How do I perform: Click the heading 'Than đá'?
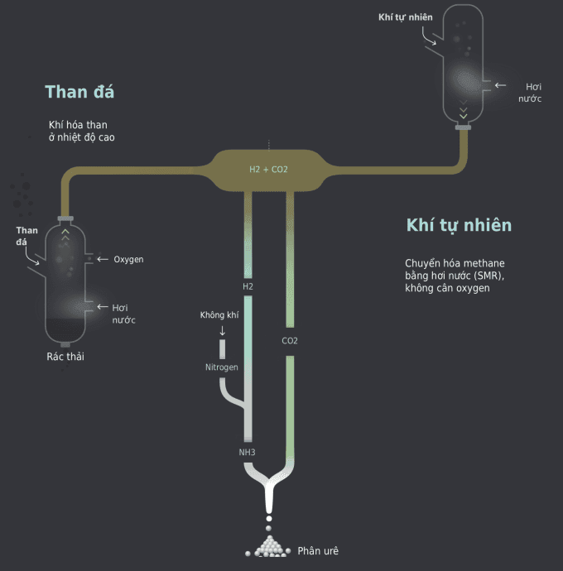pos(79,92)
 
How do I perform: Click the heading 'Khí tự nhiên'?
pos(459,225)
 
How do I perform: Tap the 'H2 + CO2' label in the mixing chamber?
pos(268,170)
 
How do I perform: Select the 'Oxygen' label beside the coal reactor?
pos(128,260)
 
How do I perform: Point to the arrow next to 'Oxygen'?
pos(103,259)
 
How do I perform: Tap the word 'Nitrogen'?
pos(222,367)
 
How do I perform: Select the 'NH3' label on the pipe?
pos(248,452)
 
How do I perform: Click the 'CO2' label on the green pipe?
pos(290,340)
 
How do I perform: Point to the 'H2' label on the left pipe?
pos(248,286)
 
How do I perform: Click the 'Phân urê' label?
pos(318,550)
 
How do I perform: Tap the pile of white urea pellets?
pos(267,546)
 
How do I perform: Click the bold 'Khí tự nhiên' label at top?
pos(406,17)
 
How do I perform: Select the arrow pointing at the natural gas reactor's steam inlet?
pos(499,85)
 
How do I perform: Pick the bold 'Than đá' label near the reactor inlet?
pos(26,236)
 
